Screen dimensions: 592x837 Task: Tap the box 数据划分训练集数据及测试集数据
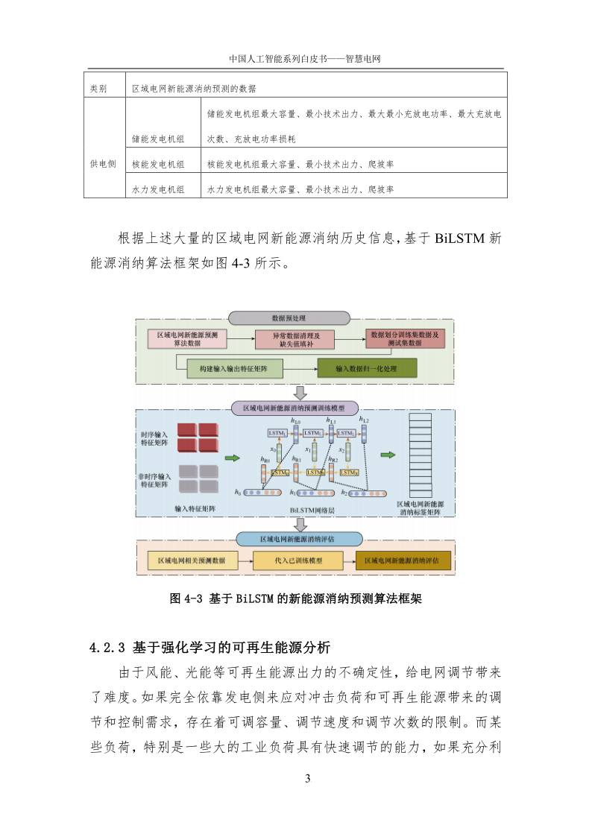[404, 338]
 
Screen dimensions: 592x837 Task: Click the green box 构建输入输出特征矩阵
[221, 368]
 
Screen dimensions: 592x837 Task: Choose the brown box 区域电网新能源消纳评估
[403, 560]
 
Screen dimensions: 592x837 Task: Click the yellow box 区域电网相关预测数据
[192, 560]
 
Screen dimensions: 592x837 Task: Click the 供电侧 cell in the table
[103, 164]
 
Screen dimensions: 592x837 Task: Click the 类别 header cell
[98, 88]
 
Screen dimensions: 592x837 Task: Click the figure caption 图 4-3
[296, 598]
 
